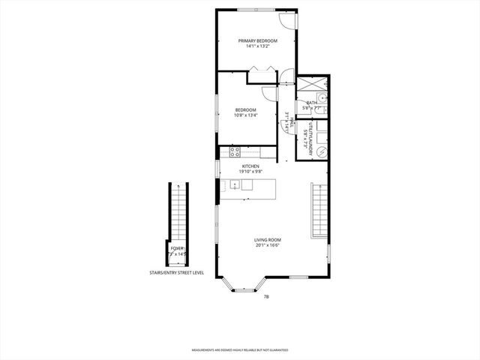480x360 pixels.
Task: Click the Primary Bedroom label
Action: [257, 40]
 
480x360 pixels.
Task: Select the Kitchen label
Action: [250, 166]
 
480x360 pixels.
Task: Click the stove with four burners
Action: [234, 151]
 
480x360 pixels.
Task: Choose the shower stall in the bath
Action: [312, 85]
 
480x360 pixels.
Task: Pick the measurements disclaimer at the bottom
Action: [240, 350]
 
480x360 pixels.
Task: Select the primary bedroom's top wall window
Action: [255, 10]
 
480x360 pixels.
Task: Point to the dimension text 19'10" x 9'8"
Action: [250, 171]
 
